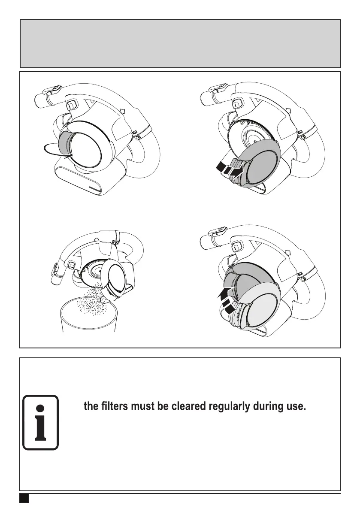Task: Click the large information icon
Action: point(40,422)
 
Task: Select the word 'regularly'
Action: point(230,406)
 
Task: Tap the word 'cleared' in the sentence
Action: point(189,406)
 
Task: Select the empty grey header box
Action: point(180,43)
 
